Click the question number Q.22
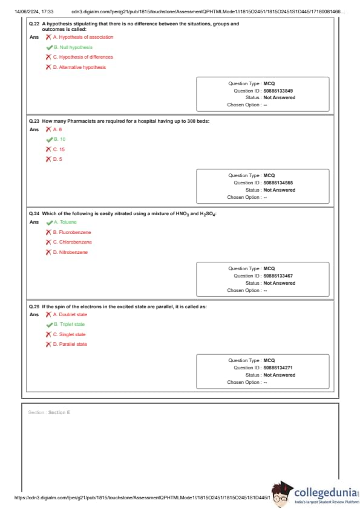tap(34, 24)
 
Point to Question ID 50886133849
tap(278, 91)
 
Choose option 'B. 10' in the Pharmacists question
tap(60, 139)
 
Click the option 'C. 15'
tap(59, 149)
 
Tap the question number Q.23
tap(34, 121)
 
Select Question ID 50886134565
tap(278, 183)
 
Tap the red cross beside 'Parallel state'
tap(48, 344)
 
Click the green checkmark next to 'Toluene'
tap(50, 222)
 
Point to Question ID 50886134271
tap(278, 368)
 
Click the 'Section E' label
tap(59, 412)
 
